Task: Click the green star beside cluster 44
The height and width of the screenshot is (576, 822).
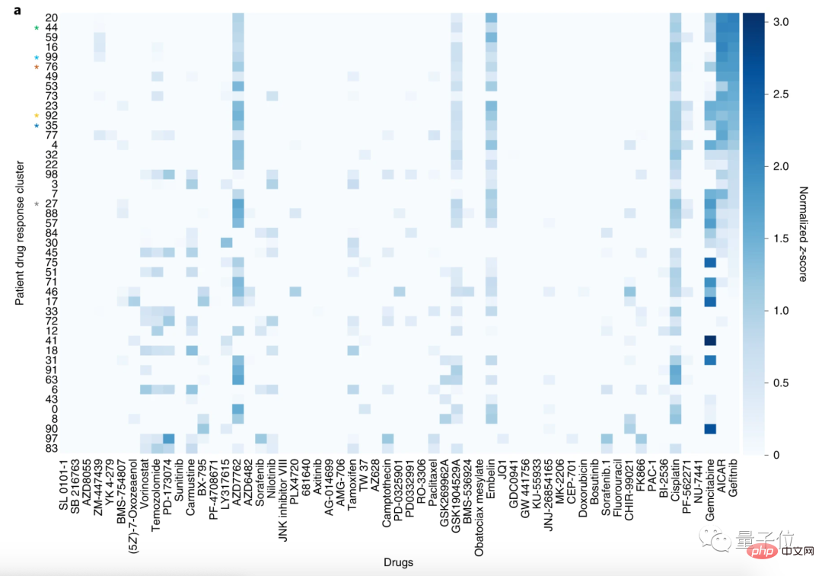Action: click(x=36, y=28)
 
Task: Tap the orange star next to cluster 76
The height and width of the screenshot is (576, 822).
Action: click(x=36, y=67)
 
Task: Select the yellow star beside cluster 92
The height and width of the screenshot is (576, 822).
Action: click(x=36, y=116)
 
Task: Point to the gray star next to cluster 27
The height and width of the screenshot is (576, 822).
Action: click(x=36, y=203)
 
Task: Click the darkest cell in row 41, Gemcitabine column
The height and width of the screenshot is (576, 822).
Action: click(x=710, y=340)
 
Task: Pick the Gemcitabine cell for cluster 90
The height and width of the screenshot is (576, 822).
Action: click(x=710, y=428)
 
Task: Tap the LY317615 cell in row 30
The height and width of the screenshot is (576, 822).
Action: click(x=226, y=242)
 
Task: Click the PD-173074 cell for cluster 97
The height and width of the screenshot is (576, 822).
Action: click(x=168, y=438)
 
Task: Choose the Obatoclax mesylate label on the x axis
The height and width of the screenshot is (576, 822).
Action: click(x=479, y=503)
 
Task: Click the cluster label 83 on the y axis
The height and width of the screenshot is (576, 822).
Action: click(x=52, y=448)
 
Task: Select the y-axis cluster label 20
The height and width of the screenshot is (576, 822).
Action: click(x=52, y=18)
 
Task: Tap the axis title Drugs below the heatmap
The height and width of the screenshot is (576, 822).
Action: click(x=399, y=562)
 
